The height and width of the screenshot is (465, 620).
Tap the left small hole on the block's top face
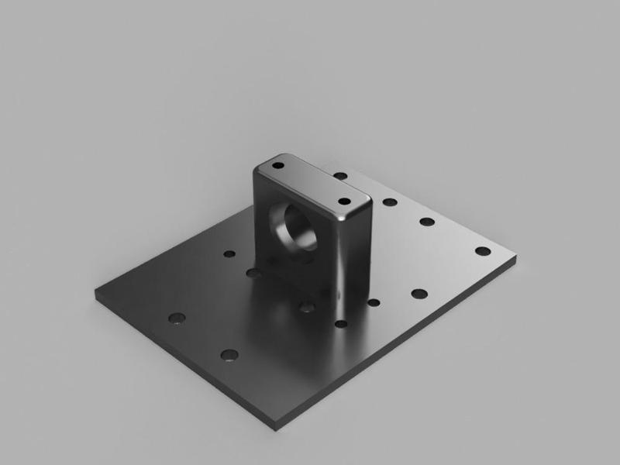point(278,165)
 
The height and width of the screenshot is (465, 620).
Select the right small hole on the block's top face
point(344,201)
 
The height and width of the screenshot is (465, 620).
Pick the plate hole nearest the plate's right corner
point(482,251)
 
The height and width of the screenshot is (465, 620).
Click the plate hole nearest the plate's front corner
point(229,355)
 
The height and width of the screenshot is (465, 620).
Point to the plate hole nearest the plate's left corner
point(177,318)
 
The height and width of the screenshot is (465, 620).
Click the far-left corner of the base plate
point(97,294)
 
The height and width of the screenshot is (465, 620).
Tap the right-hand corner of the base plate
point(515,257)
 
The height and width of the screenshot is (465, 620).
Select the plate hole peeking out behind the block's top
point(341,176)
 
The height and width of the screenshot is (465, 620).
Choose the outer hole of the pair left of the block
point(229,253)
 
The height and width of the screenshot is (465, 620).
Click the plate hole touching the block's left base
point(253,272)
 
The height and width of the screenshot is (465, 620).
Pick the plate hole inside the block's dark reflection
point(307,308)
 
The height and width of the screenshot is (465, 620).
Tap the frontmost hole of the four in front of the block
point(341,324)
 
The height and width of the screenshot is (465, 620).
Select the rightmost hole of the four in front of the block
point(419,294)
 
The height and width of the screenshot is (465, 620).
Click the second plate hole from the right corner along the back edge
point(427,222)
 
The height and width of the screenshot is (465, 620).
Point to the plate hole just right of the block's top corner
point(390,202)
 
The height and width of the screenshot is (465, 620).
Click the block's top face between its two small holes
point(310,183)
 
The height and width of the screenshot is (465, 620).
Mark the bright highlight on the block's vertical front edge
point(337,263)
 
